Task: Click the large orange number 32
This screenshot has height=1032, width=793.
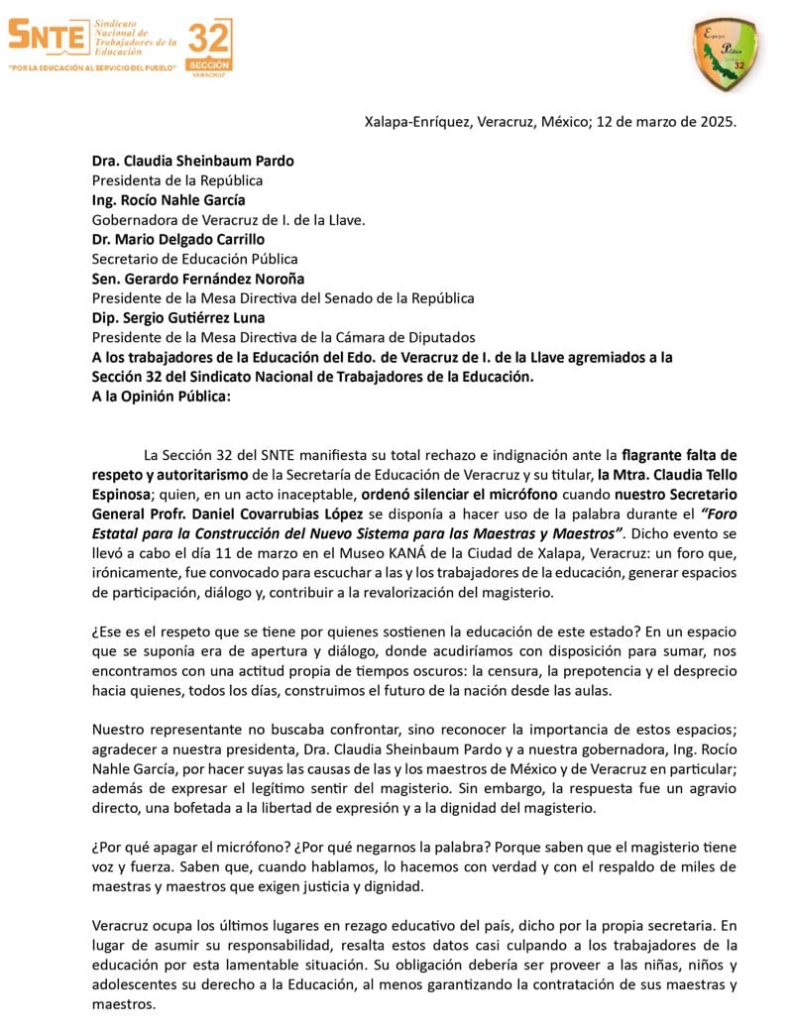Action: click(x=209, y=41)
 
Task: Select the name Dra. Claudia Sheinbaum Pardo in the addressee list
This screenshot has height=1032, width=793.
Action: click(x=192, y=161)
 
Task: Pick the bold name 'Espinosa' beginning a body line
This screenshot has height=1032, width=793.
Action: click(x=121, y=495)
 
